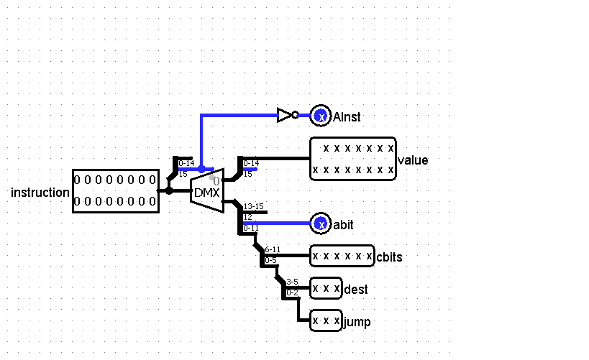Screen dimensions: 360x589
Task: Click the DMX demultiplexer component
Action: (x=207, y=191)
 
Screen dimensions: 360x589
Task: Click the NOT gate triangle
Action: (x=286, y=114)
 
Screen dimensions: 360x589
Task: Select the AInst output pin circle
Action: (x=321, y=115)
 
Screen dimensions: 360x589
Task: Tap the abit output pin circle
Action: (x=321, y=224)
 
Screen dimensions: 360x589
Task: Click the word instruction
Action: (x=40, y=193)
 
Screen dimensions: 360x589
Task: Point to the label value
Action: (x=413, y=160)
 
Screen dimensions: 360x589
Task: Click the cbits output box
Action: (x=342, y=256)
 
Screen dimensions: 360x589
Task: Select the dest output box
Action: (x=326, y=289)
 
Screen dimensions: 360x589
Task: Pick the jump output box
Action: (x=326, y=320)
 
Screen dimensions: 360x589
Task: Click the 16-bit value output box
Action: (x=352, y=159)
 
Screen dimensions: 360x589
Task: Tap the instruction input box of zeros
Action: (x=115, y=191)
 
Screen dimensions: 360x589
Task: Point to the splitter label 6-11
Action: (x=273, y=249)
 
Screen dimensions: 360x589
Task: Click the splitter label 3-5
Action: (x=292, y=282)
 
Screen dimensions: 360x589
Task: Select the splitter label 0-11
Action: (x=251, y=228)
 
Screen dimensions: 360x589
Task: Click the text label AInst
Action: (x=348, y=117)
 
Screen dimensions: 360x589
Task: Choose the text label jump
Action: (x=357, y=322)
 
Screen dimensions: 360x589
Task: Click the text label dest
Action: (x=356, y=290)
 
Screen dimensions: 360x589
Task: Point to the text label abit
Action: (x=344, y=225)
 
